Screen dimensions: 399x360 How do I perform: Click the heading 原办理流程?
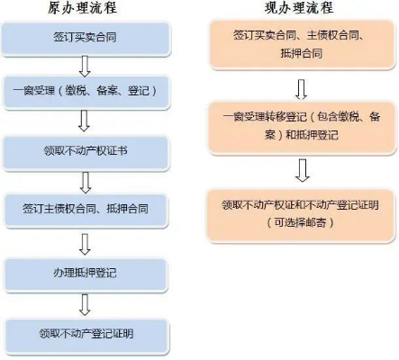(x=82, y=7)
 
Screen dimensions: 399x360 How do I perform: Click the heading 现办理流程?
(x=299, y=7)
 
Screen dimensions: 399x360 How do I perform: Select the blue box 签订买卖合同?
(x=86, y=39)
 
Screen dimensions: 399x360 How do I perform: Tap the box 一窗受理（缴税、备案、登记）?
(x=86, y=92)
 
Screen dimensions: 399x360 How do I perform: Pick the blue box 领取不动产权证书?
(x=86, y=152)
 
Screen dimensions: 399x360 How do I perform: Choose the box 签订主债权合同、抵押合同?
(x=86, y=210)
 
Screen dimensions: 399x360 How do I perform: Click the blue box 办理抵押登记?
(x=86, y=274)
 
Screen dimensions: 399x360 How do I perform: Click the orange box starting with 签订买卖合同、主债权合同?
(x=302, y=44)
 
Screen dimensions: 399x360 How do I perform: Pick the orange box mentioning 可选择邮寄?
(x=301, y=215)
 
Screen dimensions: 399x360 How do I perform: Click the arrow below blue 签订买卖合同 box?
(x=85, y=66)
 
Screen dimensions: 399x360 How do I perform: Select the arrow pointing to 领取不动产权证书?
(x=84, y=121)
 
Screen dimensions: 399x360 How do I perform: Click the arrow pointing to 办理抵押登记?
(x=85, y=245)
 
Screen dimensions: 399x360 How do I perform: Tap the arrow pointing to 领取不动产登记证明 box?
(x=85, y=305)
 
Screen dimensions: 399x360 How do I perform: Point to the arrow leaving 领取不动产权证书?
(x=86, y=183)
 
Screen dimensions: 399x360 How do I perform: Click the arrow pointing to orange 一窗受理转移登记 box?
(x=301, y=89)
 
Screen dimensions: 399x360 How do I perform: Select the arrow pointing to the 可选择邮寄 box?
(x=303, y=170)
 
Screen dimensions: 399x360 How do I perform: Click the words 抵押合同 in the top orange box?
(x=302, y=53)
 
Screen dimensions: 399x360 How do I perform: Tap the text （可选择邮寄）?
(x=300, y=223)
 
